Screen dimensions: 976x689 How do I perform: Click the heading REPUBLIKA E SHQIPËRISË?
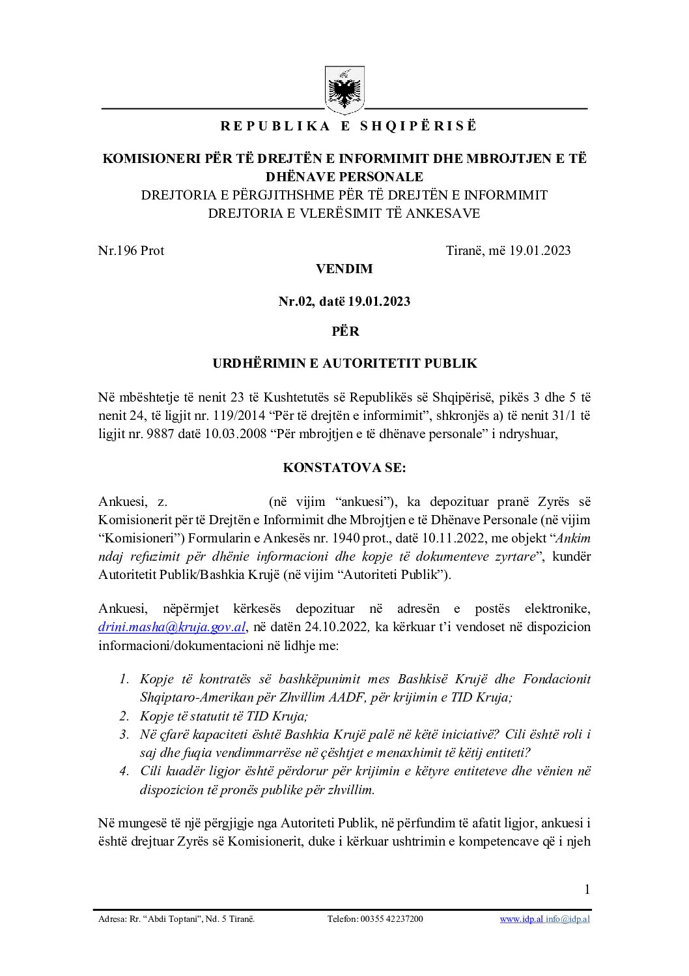348,126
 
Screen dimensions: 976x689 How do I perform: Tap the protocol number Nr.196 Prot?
131,250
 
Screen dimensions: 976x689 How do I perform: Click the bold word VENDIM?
344,269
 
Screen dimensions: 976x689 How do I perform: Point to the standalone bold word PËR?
345,331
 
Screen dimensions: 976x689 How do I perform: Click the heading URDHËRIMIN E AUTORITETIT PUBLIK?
344,364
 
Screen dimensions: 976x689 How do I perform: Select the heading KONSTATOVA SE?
344,468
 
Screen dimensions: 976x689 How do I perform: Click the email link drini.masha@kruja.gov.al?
172,627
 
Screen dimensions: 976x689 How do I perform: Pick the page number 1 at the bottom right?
587,889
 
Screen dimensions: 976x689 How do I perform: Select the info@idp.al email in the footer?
568,919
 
